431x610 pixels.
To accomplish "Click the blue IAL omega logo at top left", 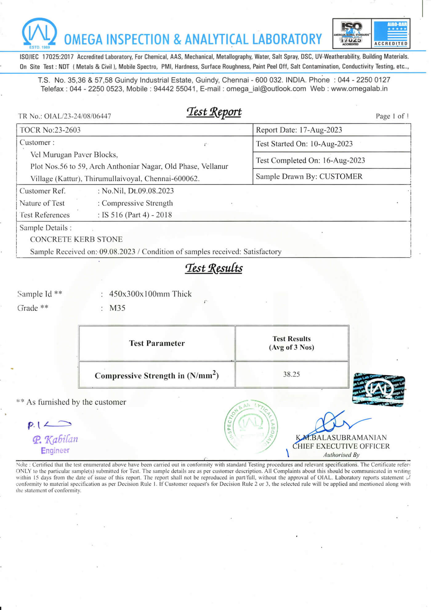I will click(x=39, y=33).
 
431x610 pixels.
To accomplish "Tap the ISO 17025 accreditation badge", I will click(x=352, y=33).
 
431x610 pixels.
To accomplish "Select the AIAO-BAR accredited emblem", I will click(x=391, y=33).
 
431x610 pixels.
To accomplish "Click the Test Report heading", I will click(x=214, y=112).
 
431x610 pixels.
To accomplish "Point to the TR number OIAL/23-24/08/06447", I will click(x=77, y=116).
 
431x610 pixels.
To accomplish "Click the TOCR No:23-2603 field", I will click(x=50, y=130).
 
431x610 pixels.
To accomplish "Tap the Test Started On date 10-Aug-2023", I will click(x=331, y=144).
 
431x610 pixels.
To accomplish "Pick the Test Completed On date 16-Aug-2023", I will click(x=344, y=161).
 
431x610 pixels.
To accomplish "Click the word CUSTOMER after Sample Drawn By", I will click(x=341, y=177).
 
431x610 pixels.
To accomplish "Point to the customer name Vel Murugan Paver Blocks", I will click(x=74, y=155).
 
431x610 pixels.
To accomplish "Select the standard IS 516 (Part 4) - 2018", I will click(x=137, y=215).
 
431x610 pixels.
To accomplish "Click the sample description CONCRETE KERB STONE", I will click(x=76, y=239).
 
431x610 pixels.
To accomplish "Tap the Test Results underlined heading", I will click(x=214, y=268).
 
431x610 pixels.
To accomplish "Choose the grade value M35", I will click(x=117, y=308).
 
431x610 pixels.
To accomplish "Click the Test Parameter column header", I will click(x=157, y=343).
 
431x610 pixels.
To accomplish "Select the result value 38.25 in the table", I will click(x=291, y=375).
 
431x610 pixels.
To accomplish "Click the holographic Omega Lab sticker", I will click(x=378, y=390).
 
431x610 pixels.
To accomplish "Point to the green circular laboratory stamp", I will click(x=251, y=427).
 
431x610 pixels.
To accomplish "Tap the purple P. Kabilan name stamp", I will click(x=55, y=439).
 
